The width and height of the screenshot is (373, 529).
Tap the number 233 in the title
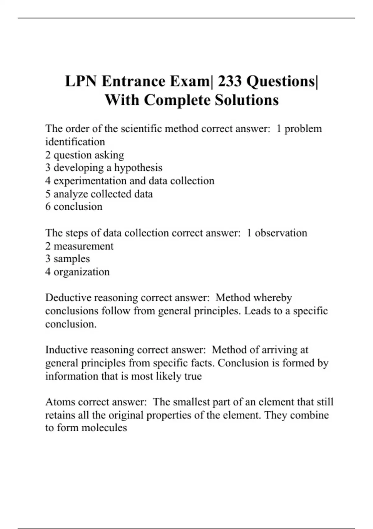(x=230, y=82)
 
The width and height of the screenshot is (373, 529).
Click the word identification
(x=75, y=142)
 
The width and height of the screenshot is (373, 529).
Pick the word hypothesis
(x=138, y=168)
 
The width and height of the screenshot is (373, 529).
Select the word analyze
(x=71, y=194)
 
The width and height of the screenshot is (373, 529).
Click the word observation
(x=281, y=233)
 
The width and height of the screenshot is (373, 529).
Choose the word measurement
(x=83, y=246)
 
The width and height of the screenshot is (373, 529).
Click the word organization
(x=81, y=272)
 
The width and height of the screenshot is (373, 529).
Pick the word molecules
(x=104, y=428)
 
